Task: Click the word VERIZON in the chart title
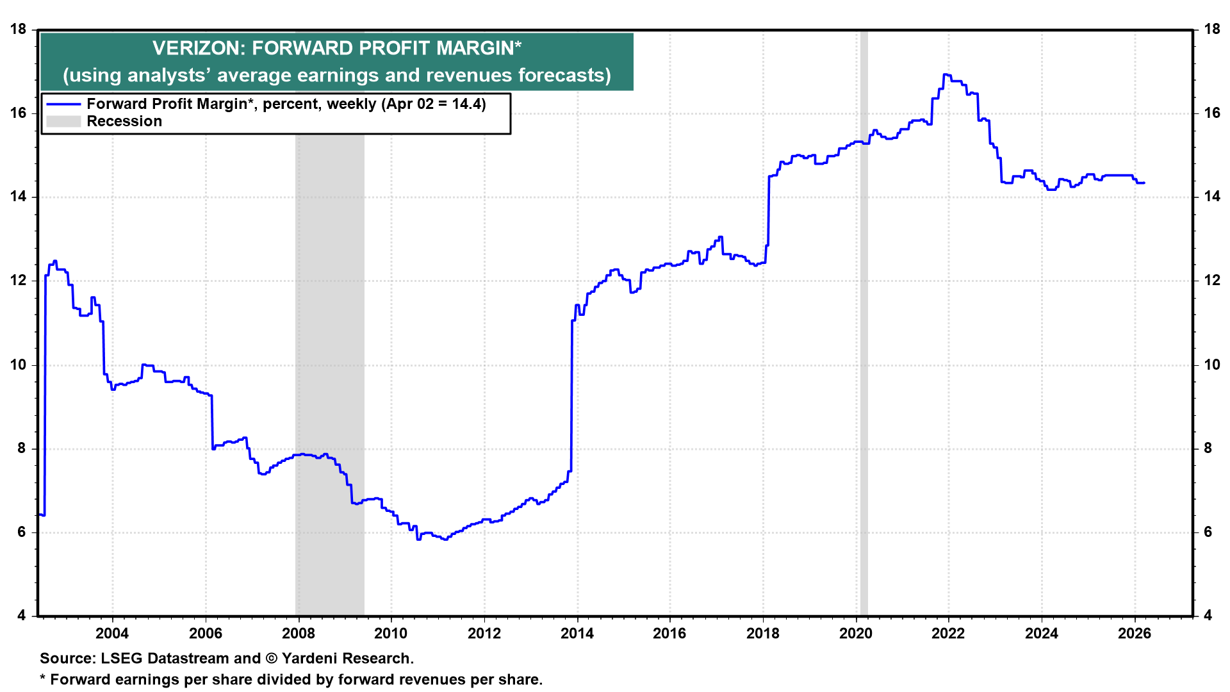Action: tap(198, 48)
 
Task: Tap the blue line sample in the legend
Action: tap(63, 104)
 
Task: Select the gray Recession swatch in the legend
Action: tap(63, 122)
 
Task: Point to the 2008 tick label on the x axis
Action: tap(299, 634)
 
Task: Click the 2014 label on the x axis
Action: tap(577, 634)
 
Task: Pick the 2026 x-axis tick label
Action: tap(1135, 634)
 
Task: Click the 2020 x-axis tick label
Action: tap(856, 634)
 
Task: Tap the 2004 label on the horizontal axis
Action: tap(112, 634)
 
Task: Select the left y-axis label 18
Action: tap(18, 29)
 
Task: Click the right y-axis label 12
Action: tap(1212, 281)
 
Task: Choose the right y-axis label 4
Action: tap(1208, 616)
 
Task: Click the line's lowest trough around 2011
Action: tap(445, 540)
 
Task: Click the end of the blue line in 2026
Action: tap(1144, 183)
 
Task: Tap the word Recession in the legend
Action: tap(124, 122)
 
